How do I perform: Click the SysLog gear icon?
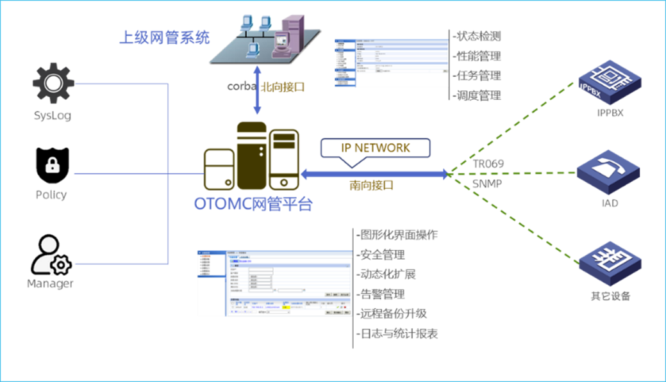tap(53, 83)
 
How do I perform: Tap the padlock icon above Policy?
tap(53, 166)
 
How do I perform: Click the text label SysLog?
tap(53, 116)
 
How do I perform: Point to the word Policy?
tap(51, 195)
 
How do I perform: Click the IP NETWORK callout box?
tap(376, 148)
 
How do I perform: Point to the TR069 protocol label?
tap(488, 164)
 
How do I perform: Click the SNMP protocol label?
tap(487, 183)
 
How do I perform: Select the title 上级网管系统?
tap(165, 38)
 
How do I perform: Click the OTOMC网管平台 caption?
tap(253, 205)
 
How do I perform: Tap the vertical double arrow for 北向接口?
tap(257, 90)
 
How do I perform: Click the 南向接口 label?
tap(371, 186)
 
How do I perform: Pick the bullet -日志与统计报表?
tap(397, 333)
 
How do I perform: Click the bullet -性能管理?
tap(477, 56)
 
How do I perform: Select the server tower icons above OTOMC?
tap(252, 157)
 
